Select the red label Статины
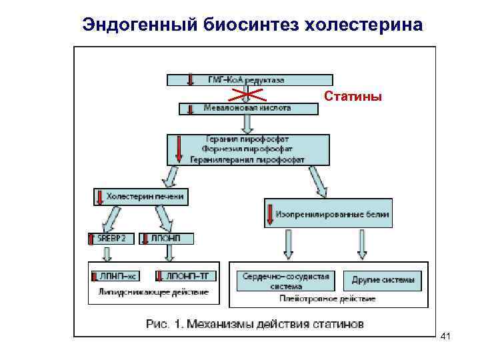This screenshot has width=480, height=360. tap(353, 97)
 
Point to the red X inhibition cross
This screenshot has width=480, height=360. tap(247, 95)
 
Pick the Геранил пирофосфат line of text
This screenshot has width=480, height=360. tap(247, 141)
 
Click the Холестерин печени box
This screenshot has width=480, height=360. tap(140, 197)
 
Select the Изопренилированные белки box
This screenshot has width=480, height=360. tap(327, 215)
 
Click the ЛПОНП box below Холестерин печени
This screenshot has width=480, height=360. tap(175, 238)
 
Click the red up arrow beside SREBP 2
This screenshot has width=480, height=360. tap(93, 238)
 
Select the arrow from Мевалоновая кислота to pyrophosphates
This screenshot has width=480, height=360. tap(247, 123)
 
